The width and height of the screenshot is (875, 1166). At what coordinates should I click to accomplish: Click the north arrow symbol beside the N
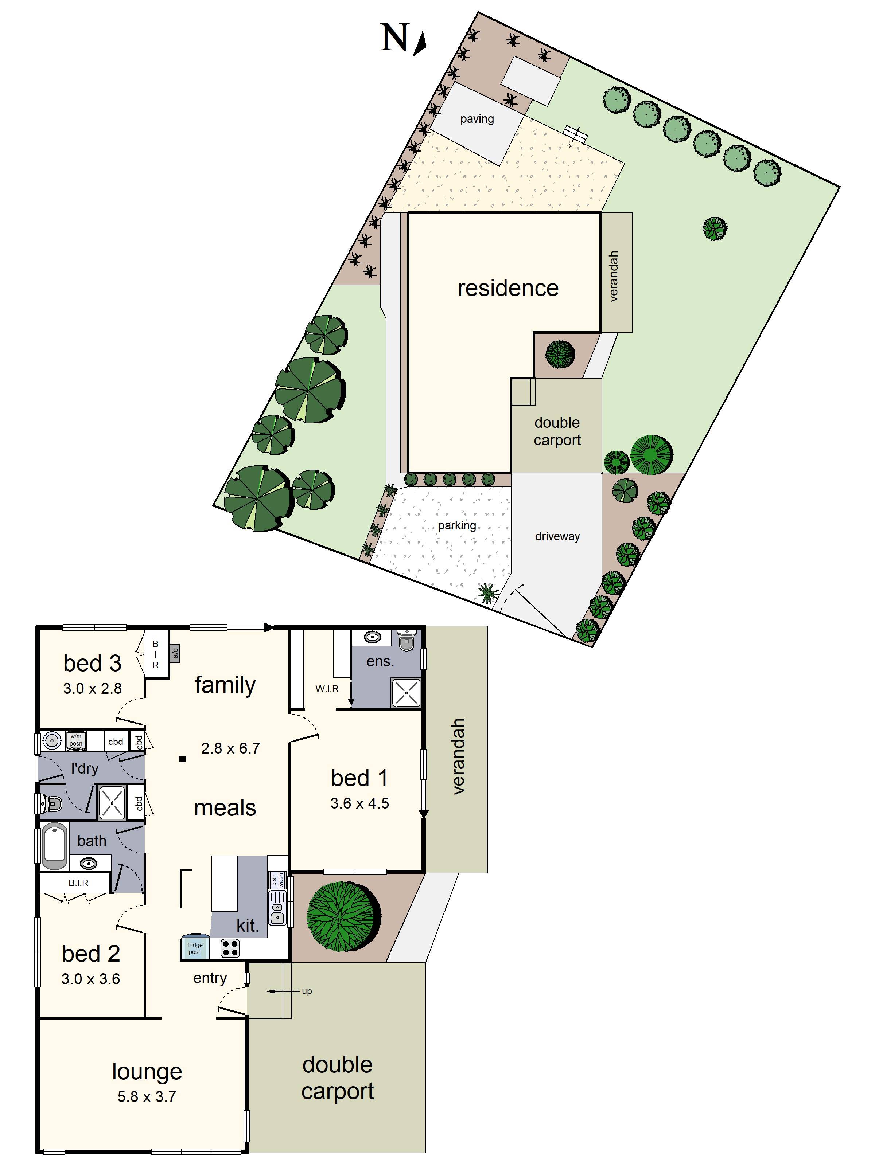pyautogui.click(x=420, y=44)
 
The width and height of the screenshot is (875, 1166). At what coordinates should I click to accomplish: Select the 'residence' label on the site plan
pyautogui.click(x=507, y=288)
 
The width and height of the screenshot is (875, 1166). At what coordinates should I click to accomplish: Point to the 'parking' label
pyautogui.click(x=457, y=525)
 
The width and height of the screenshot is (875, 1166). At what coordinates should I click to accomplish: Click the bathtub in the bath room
pyautogui.click(x=54, y=846)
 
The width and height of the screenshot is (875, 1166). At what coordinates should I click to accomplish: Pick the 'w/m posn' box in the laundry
pyautogui.click(x=76, y=740)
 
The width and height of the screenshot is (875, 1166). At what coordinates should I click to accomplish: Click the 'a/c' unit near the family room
pyautogui.click(x=175, y=653)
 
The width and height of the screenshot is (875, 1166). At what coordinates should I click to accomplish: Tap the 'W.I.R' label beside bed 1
pyautogui.click(x=327, y=688)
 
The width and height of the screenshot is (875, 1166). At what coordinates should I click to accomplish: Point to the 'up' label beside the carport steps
pyautogui.click(x=307, y=991)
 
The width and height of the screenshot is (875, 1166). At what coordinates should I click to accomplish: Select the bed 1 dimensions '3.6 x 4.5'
pyautogui.click(x=360, y=803)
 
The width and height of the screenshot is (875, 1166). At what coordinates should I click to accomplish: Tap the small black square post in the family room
pyautogui.click(x=182, y=759)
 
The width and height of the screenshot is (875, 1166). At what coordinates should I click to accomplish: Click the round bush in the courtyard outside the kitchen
pyautogui.click(x=343, y=916)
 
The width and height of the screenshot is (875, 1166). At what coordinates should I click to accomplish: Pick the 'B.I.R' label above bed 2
pyautogui.click(x=78, y=883)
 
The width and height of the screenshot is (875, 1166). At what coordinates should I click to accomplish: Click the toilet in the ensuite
pyautogui.click(x=406, y=641)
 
